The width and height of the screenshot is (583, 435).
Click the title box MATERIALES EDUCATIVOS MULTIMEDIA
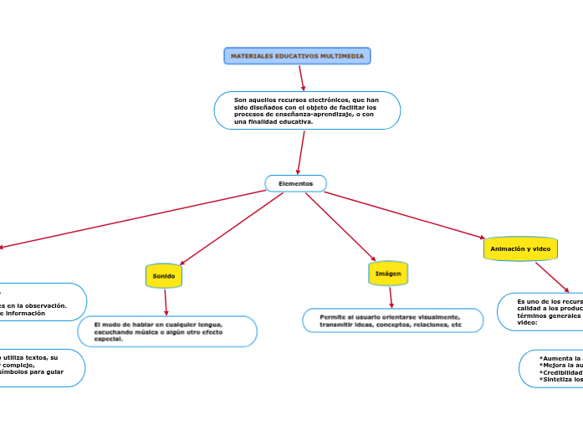tap(297, 56)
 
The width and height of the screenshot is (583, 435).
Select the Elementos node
tap(295, 183)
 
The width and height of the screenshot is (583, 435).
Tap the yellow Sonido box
tap(164, 276)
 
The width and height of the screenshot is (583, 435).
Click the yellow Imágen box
tap(388, 274)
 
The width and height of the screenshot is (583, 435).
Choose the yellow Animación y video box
tap(520, 249)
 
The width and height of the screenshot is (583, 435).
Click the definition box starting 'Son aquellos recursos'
tap(307, 110)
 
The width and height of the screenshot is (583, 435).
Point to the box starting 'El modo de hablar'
tap(167, 331)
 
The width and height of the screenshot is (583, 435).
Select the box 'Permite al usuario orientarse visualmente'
tap(392, 320)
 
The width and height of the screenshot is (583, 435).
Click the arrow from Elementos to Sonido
tap(232, 229)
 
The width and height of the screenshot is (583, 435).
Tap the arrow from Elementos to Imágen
tap(340, 227)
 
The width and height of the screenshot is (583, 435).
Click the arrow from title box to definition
tap(302, 78)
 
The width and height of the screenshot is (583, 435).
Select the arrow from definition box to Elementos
tap(300, 152)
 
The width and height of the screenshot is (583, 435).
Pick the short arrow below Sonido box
tap(166, 302)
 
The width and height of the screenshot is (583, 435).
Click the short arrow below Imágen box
tap(391, 297)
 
